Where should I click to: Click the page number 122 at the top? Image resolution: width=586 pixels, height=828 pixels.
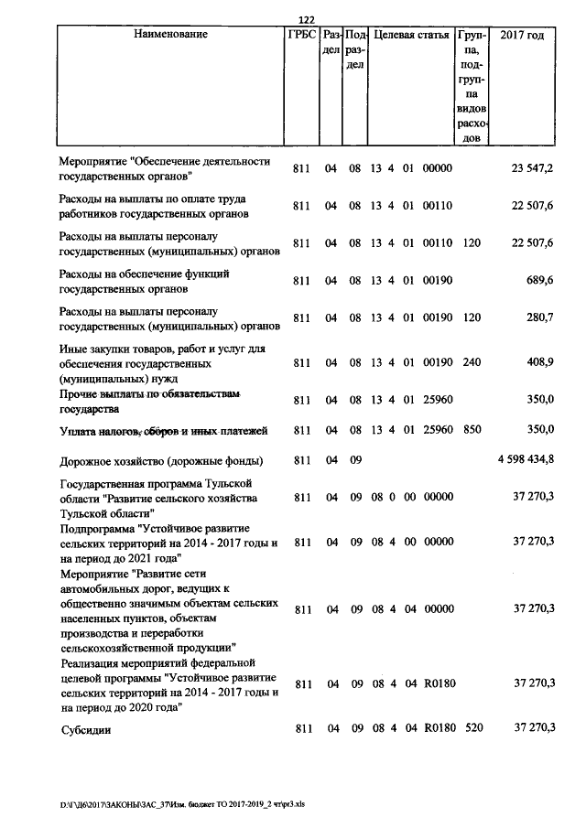(307, 21)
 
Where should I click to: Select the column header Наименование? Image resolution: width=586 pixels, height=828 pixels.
(170, 35)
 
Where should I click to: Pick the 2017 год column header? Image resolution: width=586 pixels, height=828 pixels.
(522, 35)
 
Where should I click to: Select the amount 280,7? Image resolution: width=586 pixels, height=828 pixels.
(539, 317)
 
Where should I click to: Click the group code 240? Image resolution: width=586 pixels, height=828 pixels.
(472, 362)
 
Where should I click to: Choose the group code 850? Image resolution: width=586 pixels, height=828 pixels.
(472, 428)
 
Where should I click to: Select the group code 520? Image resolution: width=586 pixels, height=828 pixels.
(472, 727)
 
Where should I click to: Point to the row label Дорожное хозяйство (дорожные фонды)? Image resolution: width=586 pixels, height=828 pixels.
(161, 460)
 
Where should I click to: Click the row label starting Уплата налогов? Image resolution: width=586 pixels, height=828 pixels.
(162, 429)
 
